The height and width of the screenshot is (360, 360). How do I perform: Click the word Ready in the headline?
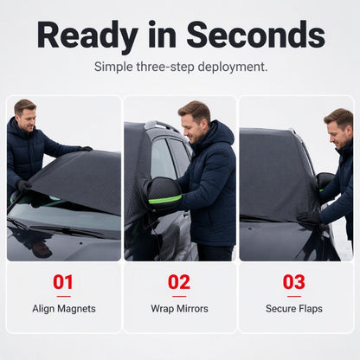click(x=87, y=36)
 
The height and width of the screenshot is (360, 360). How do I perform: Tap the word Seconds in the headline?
click(x=255, y=35)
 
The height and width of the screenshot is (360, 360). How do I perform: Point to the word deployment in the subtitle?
click(x=233, y=67)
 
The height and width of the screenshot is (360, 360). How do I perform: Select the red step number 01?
click(x=63, y=282)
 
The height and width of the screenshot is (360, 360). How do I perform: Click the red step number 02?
click(x=179, y=282)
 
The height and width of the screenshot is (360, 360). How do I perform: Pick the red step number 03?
click(x=294, y=282)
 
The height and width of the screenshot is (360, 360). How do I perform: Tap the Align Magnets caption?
click(x=64, y=309)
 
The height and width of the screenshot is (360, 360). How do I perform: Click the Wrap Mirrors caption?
click(x=179, y=309)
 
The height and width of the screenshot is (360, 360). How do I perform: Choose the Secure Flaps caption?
click(x=294, y=309)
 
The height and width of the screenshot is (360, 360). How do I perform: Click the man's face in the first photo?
click(x=27, y=119)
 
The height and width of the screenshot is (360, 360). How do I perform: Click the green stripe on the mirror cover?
click(x=165, y=199)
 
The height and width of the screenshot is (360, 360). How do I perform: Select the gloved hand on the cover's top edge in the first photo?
click(x=86, y=149)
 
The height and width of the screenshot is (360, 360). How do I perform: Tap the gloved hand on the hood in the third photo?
click(x=309, y=217)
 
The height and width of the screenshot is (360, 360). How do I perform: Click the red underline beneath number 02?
click(x=179, y=296)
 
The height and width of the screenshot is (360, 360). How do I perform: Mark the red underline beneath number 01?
click(x=64, y=296)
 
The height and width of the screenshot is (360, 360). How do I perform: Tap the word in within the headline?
click(x=162, y=35)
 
